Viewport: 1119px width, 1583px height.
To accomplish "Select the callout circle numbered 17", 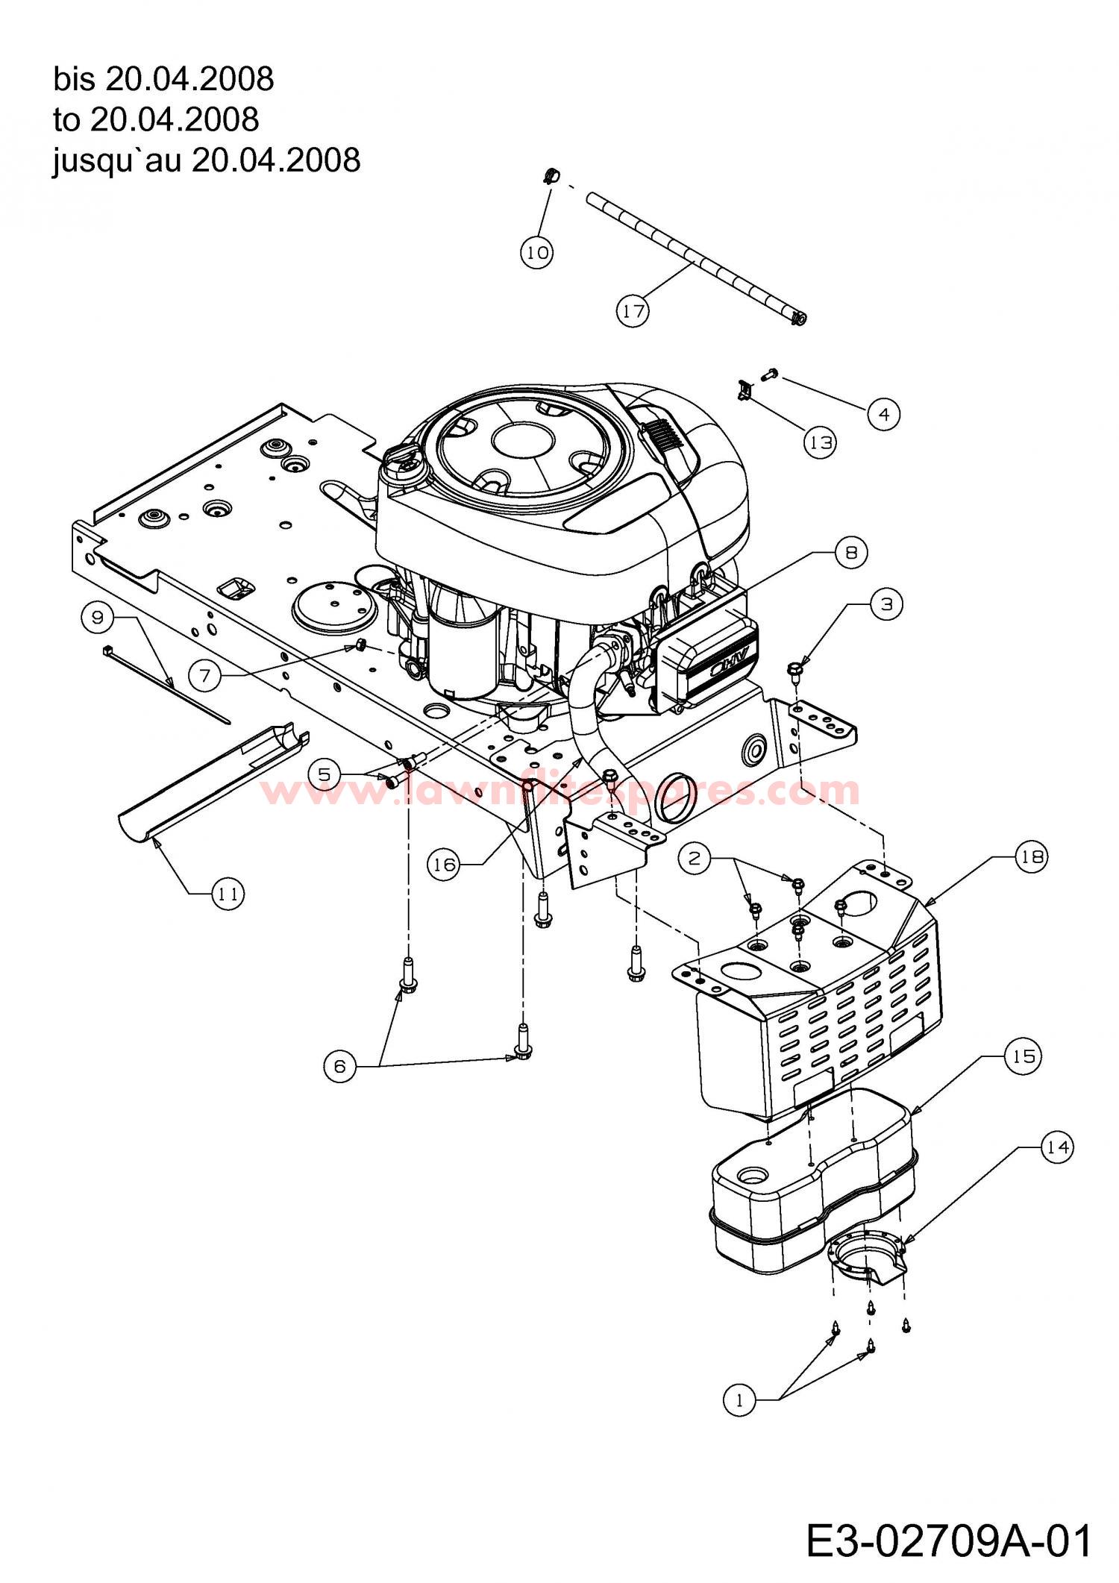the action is [633, 310].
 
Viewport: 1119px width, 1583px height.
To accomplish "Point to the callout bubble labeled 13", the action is [821, 442].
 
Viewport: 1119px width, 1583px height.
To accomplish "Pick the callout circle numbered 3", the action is [886, 604].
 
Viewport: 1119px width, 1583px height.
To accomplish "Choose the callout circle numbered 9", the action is [98, 618].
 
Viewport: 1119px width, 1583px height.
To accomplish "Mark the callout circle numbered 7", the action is [205, 676].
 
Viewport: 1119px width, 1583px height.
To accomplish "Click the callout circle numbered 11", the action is [228, 893].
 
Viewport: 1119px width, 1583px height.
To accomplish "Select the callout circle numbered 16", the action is [444, 864].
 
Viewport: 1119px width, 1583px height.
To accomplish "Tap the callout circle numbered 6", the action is [340, 1067].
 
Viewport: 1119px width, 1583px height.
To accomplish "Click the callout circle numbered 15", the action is [1024, 1056].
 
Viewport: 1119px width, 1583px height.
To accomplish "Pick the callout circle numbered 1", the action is [739, 1401].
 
